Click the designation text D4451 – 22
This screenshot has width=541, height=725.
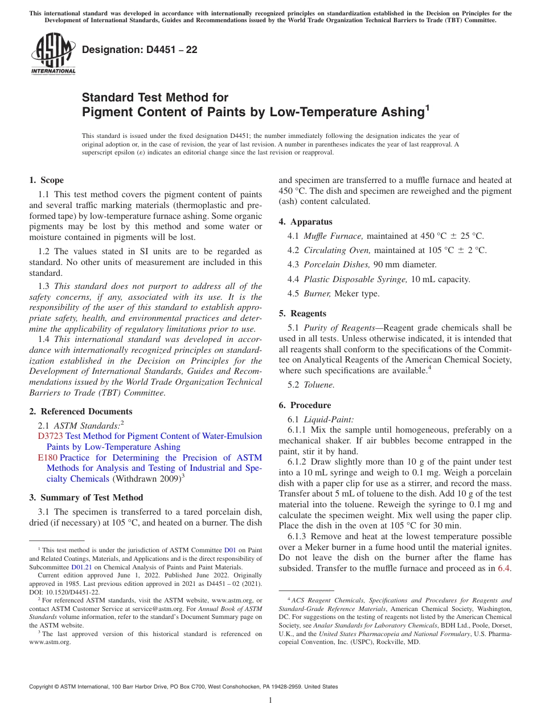click(x=140, y=50)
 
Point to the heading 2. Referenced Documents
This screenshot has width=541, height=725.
click(x=80, y=412)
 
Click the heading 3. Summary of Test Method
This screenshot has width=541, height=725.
click(x=86, y=498)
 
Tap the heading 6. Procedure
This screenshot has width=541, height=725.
click(x=305, y=405)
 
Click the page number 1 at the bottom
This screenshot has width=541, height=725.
click(x=270, y=700)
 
